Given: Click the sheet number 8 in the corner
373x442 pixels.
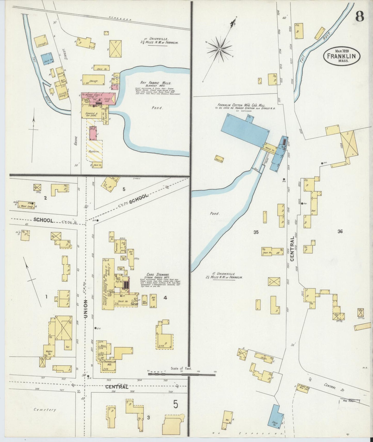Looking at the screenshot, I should point(360,17).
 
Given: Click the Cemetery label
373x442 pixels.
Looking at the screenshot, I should point(45,410).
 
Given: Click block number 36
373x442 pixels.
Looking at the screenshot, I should point(340,232).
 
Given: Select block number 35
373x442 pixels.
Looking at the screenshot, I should point(256,232).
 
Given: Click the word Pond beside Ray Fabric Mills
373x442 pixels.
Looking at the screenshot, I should point(157,108).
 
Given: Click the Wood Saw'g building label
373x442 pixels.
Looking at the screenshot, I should point(26,206).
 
